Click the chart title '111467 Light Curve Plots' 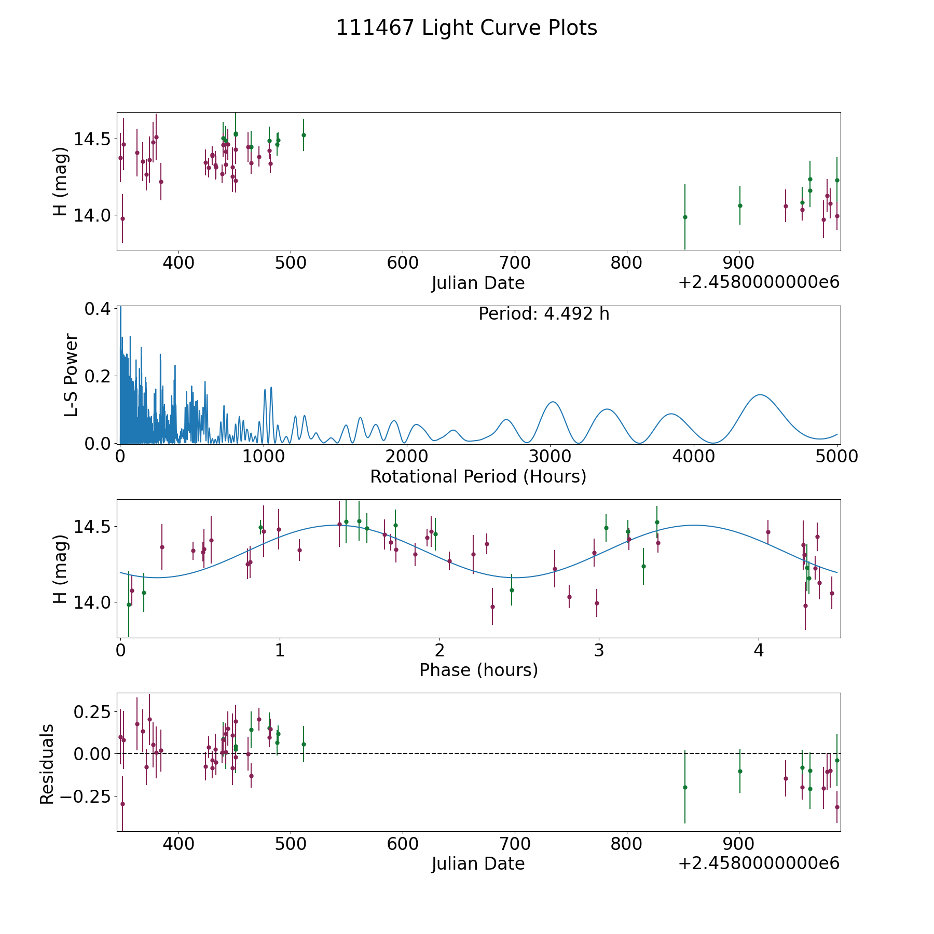(x=466, y=28)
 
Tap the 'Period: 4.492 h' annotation (x=544, y=314)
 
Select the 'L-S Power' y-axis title (x=72, y=375)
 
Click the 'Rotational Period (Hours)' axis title (x=478, y=476)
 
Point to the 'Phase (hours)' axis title (x=478, y=670)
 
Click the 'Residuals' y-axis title (x=47, y=764)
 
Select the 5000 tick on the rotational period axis (x=837, y=456)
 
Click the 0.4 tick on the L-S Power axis (x=98, y=309)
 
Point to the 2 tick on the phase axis (x=439, y=650)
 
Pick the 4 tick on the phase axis (x=759, y=650)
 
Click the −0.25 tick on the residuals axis (x=88, y=796)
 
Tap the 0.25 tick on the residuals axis (x=92, y=711)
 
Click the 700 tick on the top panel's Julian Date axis (x=515, y=263)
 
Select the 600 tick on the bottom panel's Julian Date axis (x=403, y=843)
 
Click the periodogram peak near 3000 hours (x=553, y=402)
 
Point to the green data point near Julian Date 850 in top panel (x=685, y=217)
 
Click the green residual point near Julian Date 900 (x=740, y=771)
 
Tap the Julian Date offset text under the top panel (x=759, y=282)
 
